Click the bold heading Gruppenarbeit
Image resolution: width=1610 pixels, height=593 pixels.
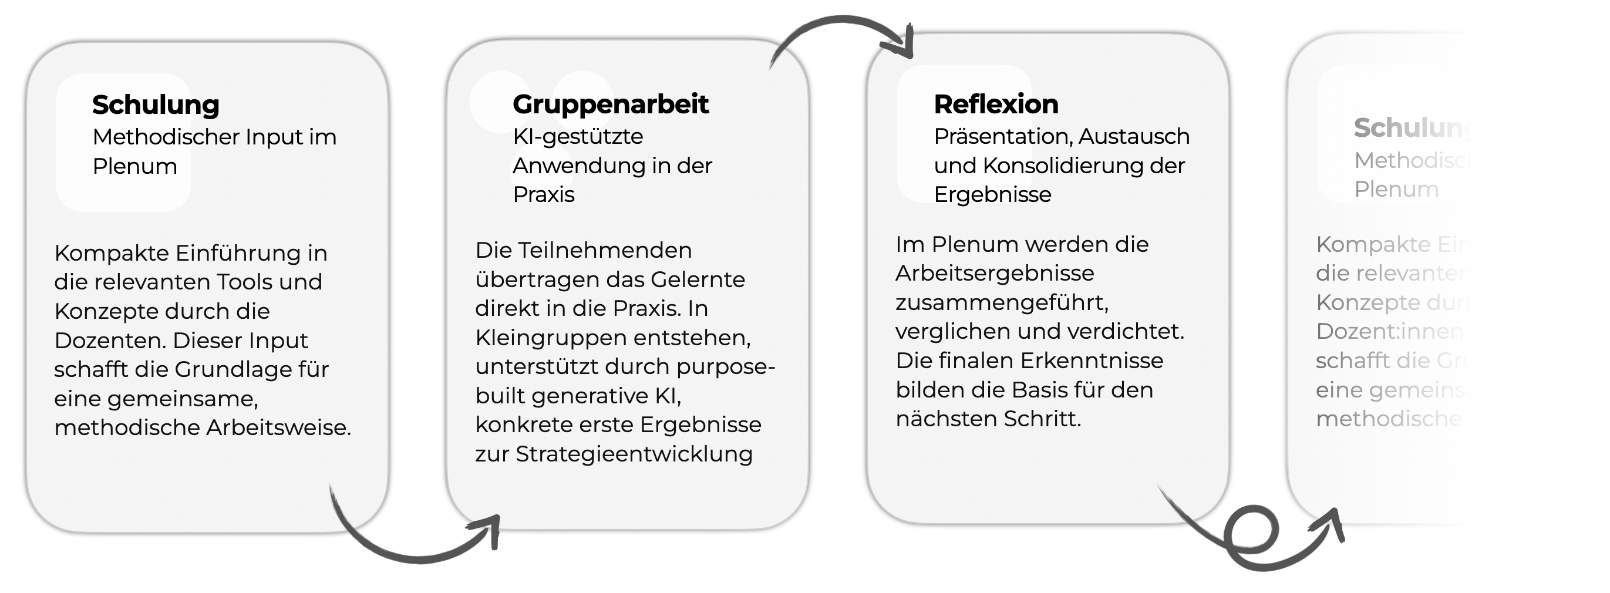pos(610,105)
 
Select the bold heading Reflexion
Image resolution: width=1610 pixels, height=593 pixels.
pos(996,105)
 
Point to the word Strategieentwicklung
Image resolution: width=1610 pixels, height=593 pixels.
pos(634,454)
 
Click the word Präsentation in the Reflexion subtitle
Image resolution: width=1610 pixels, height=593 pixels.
pos(1002,137)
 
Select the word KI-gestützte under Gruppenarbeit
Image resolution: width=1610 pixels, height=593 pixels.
pos(578,137)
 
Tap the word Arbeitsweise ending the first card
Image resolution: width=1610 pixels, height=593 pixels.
pos(278,428)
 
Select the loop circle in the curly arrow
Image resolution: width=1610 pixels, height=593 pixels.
pos(1251,531)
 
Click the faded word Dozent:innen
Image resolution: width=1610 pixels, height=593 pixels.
pos(1389,332)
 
